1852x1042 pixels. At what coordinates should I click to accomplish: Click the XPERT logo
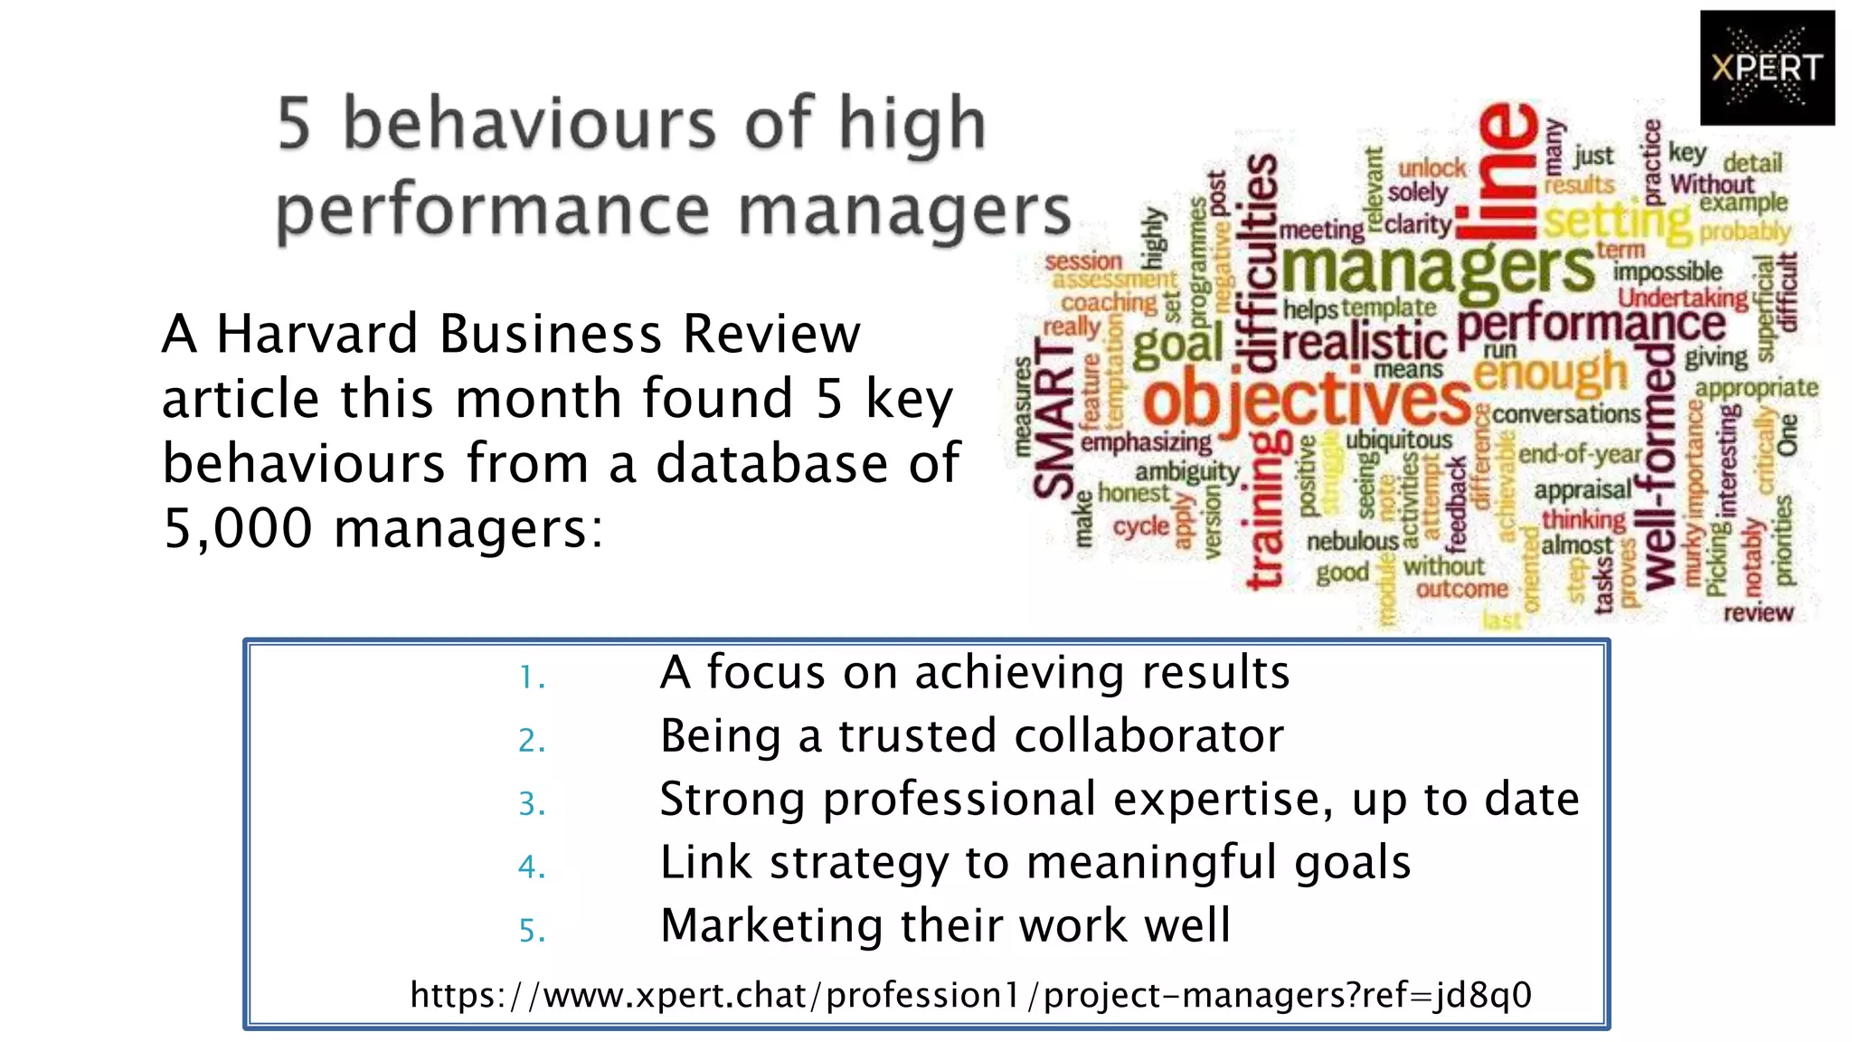tap(1766, 68)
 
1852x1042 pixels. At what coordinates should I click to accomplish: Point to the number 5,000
tap(237, 527)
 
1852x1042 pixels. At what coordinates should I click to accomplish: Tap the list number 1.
tap(532, 677)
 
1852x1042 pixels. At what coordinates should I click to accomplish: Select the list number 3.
tap(532, 803)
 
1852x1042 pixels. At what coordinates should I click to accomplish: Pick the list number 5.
tap(532, 930)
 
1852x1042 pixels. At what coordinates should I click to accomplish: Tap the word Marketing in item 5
tap(770, 926)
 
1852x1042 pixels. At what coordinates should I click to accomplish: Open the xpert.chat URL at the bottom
tap(970, 995)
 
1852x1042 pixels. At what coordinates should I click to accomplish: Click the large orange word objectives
tap(1307, 401)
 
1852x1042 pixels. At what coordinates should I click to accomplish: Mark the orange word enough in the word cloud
tap(1550, 373)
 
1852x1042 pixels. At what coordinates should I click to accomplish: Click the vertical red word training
tap(1266, 511)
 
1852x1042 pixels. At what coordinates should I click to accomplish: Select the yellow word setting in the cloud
tap(1616, 220)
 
